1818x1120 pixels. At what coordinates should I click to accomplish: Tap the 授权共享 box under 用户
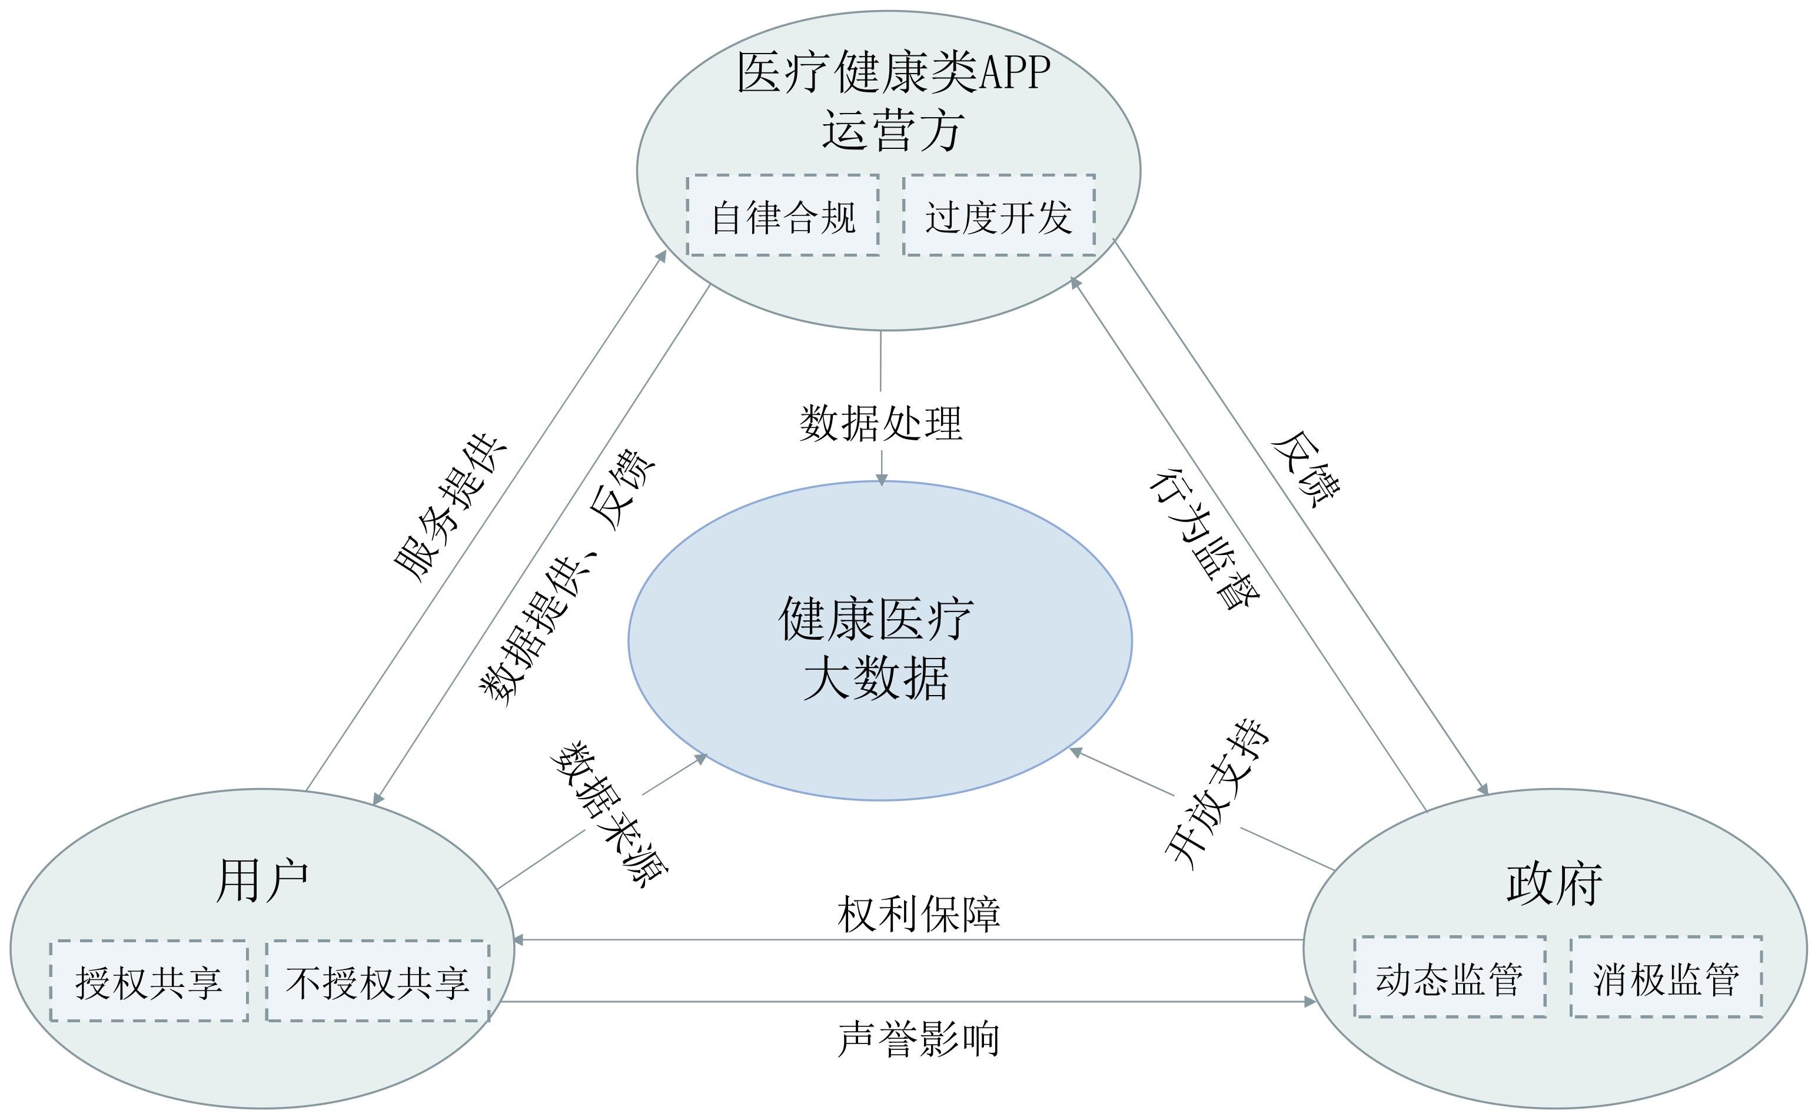coord(149,982)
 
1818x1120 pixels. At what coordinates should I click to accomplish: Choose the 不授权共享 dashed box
coord(378,982)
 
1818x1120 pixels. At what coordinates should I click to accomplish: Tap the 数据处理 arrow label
coord(880,424)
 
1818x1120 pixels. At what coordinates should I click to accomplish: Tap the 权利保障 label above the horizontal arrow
coord(918,914)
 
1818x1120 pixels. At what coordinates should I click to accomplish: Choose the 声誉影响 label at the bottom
coord(918,1039)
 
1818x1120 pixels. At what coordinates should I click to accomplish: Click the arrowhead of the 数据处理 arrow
coord(881,480)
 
